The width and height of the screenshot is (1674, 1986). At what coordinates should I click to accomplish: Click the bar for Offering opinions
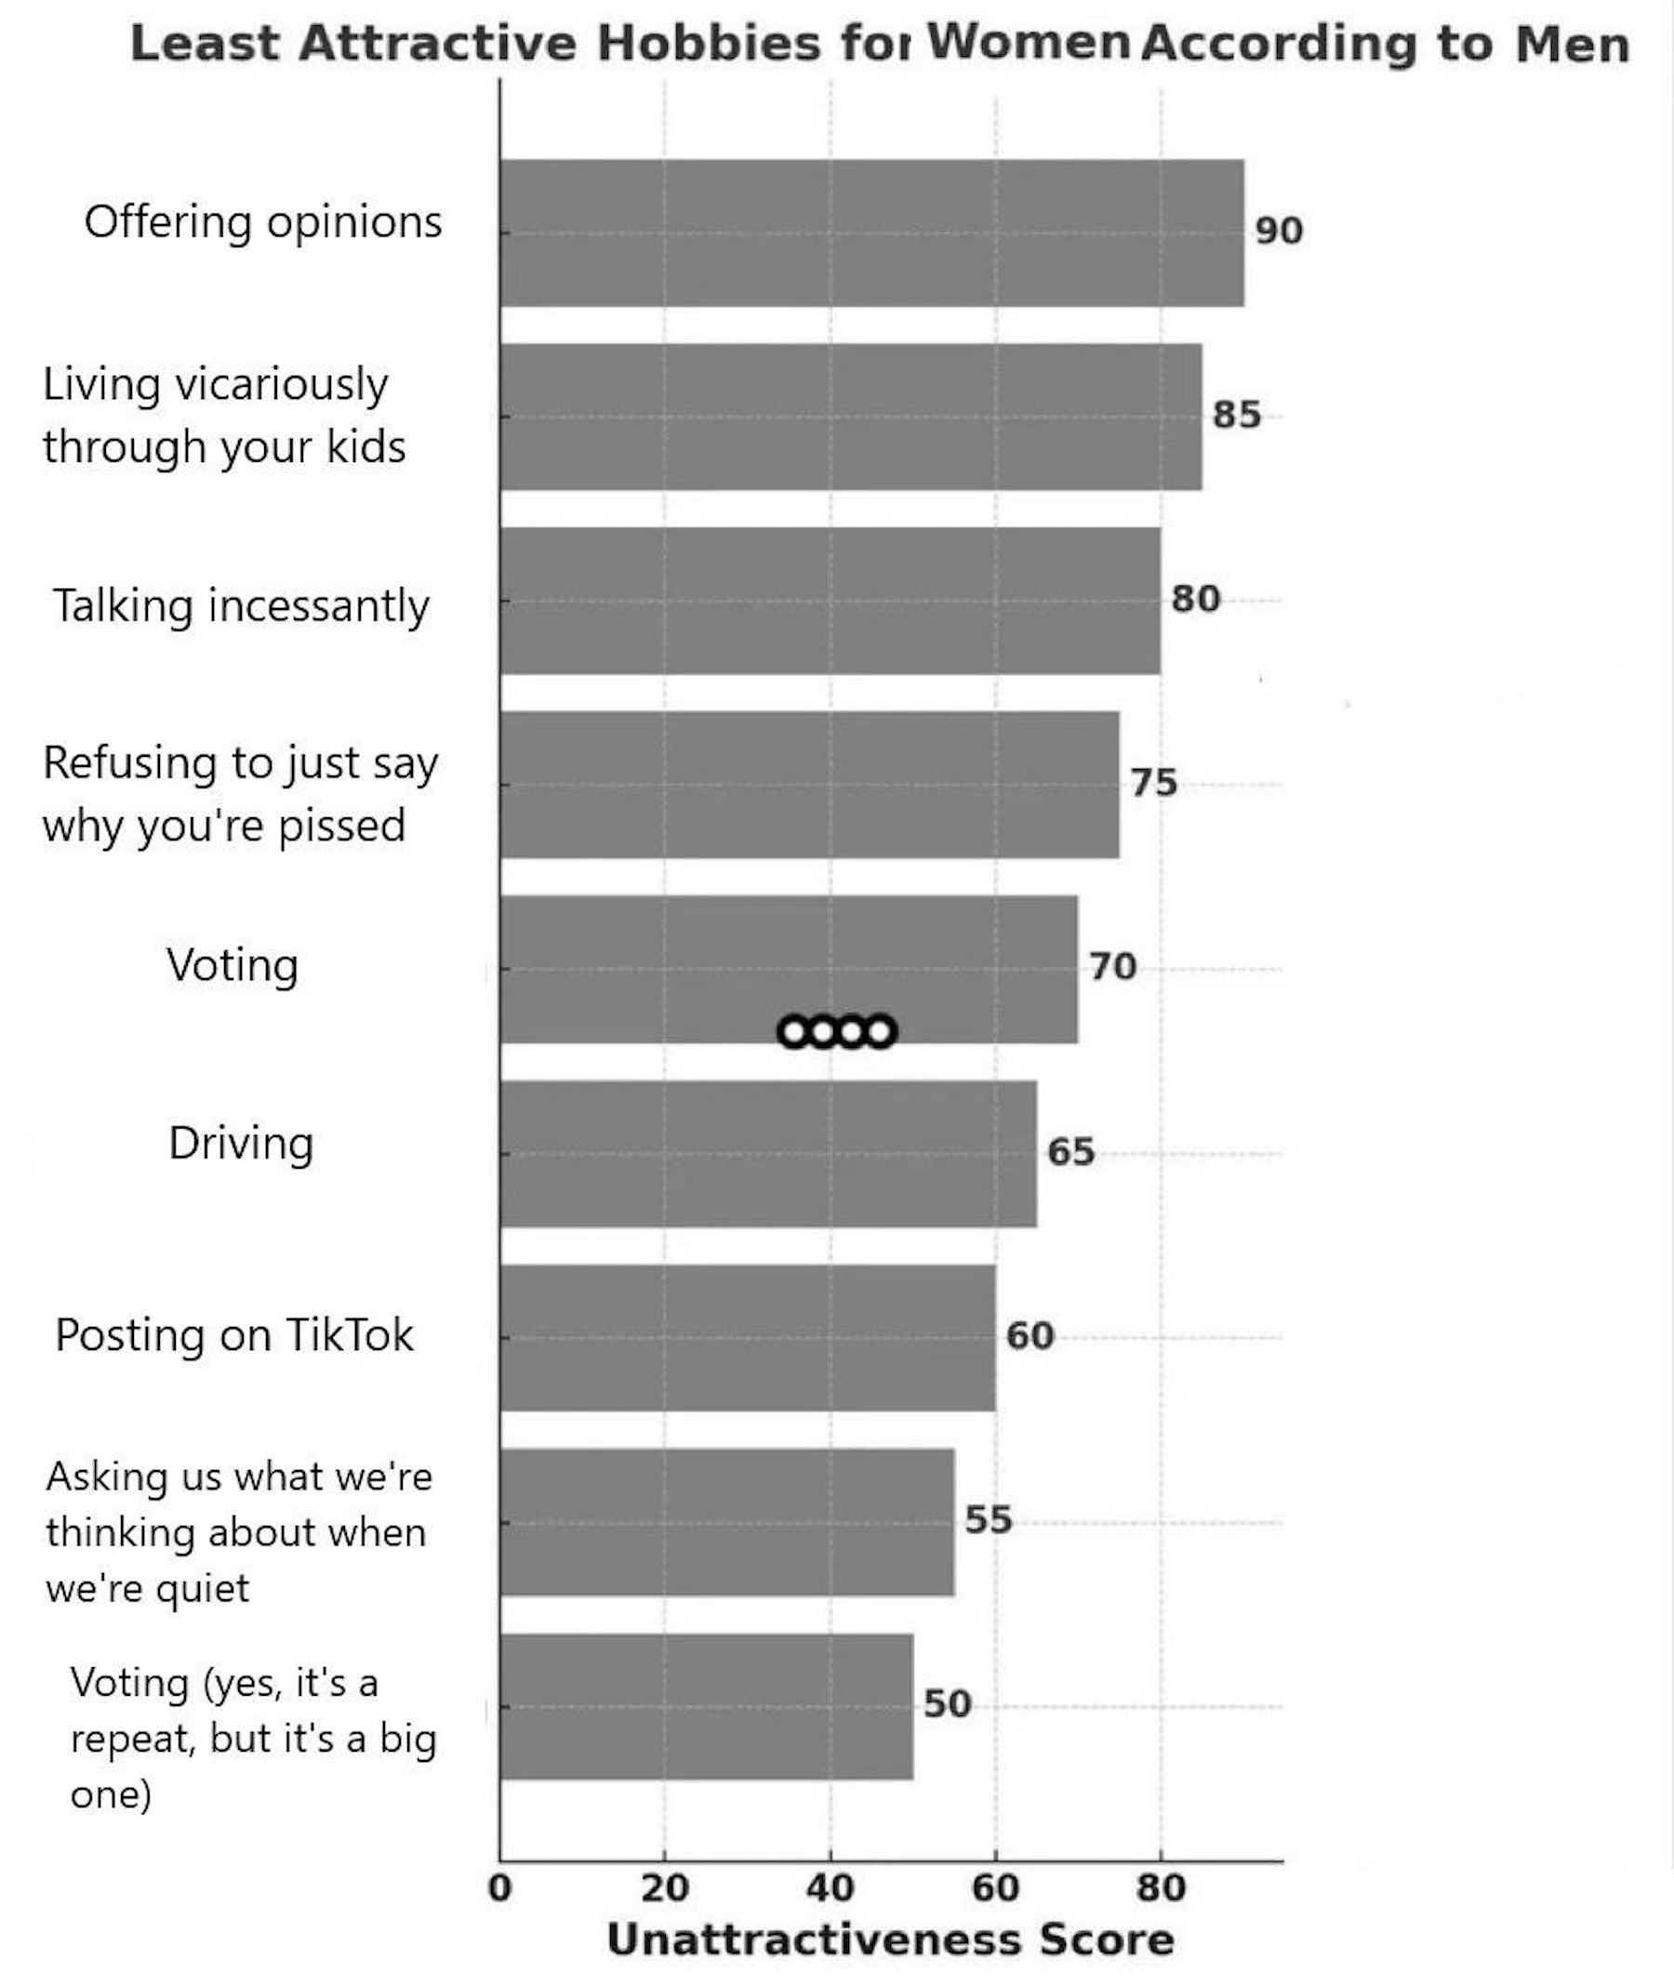coord(871,232)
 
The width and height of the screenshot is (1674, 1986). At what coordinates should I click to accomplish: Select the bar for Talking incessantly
coord(830,601)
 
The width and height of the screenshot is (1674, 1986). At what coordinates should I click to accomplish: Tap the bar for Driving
coord(768,1153)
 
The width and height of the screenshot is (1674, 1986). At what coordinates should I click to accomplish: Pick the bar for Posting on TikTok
coord(747,1337)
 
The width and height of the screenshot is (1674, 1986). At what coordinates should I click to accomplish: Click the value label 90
coord(1278,231)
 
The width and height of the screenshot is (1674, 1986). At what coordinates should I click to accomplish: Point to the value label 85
coord(1237,415)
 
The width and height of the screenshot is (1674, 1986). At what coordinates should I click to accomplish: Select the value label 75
coord(1153,783)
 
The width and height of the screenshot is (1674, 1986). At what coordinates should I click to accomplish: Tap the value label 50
coord(947,1704)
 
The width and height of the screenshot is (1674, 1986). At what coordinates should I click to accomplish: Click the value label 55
coord(988,1520)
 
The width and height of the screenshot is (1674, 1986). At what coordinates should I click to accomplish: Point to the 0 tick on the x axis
coord(500,1888)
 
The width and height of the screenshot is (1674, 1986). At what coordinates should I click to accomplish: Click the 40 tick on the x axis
coord(830,1888)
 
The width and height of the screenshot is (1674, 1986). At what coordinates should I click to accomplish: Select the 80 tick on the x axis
coord(1161,1888)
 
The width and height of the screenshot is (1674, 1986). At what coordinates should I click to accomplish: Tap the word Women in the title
coord(1028,42)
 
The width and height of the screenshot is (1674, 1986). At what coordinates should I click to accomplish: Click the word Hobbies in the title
coord(708,44)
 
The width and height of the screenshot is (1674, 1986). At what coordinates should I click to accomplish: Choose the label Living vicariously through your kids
coord(224,415)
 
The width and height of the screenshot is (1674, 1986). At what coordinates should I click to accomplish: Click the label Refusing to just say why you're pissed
coord(240,793)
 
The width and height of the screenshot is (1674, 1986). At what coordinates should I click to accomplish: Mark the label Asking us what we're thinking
coord(237,1531)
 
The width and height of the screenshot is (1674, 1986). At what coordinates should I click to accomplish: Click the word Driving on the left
coord(241,1143)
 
